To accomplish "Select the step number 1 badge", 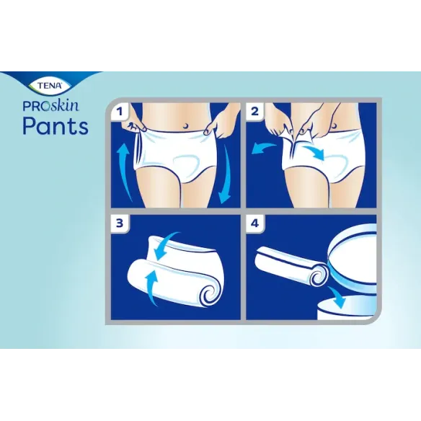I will [x=118, y=112].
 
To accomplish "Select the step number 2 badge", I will [x=254, y=112].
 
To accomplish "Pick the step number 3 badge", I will [x=118, y=223].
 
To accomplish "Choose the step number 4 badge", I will [x=254, y=223].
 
